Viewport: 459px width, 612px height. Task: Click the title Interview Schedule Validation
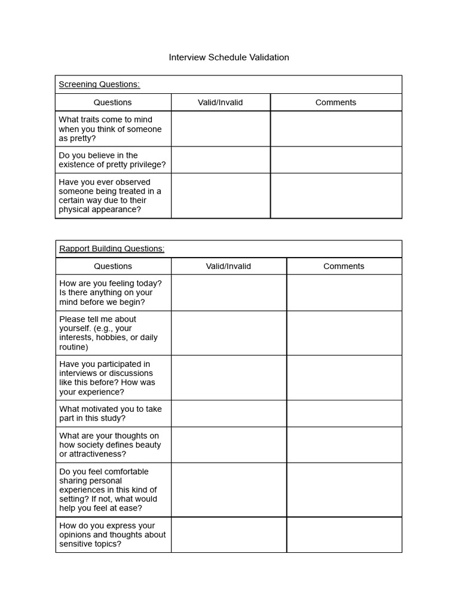229,57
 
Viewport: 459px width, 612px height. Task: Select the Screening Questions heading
99,84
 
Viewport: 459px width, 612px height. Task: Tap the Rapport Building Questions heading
112,249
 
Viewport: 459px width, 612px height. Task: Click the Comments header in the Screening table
336,102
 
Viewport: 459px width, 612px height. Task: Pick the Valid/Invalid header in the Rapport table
228,266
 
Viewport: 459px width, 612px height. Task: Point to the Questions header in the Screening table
112,102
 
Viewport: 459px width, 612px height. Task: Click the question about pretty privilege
112,160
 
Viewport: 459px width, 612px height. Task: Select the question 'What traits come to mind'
110,128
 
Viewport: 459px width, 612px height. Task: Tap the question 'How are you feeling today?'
110,292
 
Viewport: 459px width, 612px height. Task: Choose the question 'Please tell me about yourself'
109,332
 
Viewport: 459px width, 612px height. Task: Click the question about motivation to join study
111,413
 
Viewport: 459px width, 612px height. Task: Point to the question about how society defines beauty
110,445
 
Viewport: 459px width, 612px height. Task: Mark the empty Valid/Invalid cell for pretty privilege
221,160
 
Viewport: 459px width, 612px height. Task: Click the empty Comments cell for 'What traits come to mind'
336,128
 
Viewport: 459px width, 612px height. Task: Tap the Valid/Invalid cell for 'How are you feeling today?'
228,292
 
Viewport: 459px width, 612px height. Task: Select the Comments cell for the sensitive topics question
344,534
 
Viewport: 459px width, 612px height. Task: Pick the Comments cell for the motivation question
344,413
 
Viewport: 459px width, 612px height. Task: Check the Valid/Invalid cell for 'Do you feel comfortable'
228,489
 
